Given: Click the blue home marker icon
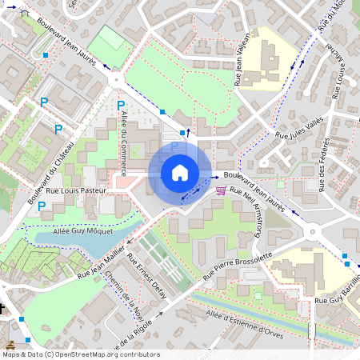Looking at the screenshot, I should tap(180, 172).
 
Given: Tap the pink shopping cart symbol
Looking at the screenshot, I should tap(221, 190).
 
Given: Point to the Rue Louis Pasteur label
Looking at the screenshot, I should tap(77, 191).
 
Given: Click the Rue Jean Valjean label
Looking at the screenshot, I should tap(242, 58).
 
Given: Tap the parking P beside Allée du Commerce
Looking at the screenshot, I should tap(121, 106).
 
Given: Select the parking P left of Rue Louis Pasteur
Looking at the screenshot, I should tap(41, 206).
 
